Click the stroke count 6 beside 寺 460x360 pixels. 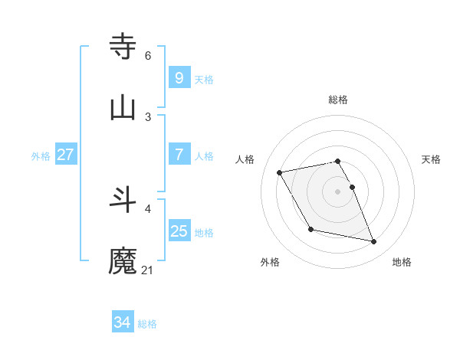tap(148, 55)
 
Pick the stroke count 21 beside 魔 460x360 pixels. tap(148, 270)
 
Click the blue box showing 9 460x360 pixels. tap(179, 77)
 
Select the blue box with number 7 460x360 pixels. tap(179, 155)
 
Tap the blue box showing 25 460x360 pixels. tap(179, 231)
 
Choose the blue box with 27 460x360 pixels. tap(65, 155)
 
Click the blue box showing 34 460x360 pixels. tap(122, 322)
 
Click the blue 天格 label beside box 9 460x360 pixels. tap(204, 80)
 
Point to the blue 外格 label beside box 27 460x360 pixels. tap(41, 156)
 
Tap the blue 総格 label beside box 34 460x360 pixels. tap(147, 325)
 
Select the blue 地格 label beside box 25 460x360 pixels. tap(204, 233)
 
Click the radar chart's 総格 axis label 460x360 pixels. tap(338, 100)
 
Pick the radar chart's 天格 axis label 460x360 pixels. tap(432, 159)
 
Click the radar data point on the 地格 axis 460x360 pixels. tap(374, 242)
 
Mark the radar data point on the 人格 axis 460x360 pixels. tap(279, 172)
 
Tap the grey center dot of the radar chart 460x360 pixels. tap(338, 191)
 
